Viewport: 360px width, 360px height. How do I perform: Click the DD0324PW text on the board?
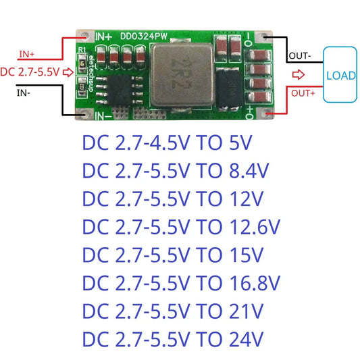pos(143,34)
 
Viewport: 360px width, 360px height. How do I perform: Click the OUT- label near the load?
pos(300,55)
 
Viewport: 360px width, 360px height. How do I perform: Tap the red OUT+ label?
pos(302,94)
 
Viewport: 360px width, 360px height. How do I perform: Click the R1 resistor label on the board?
pos(82,51)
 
